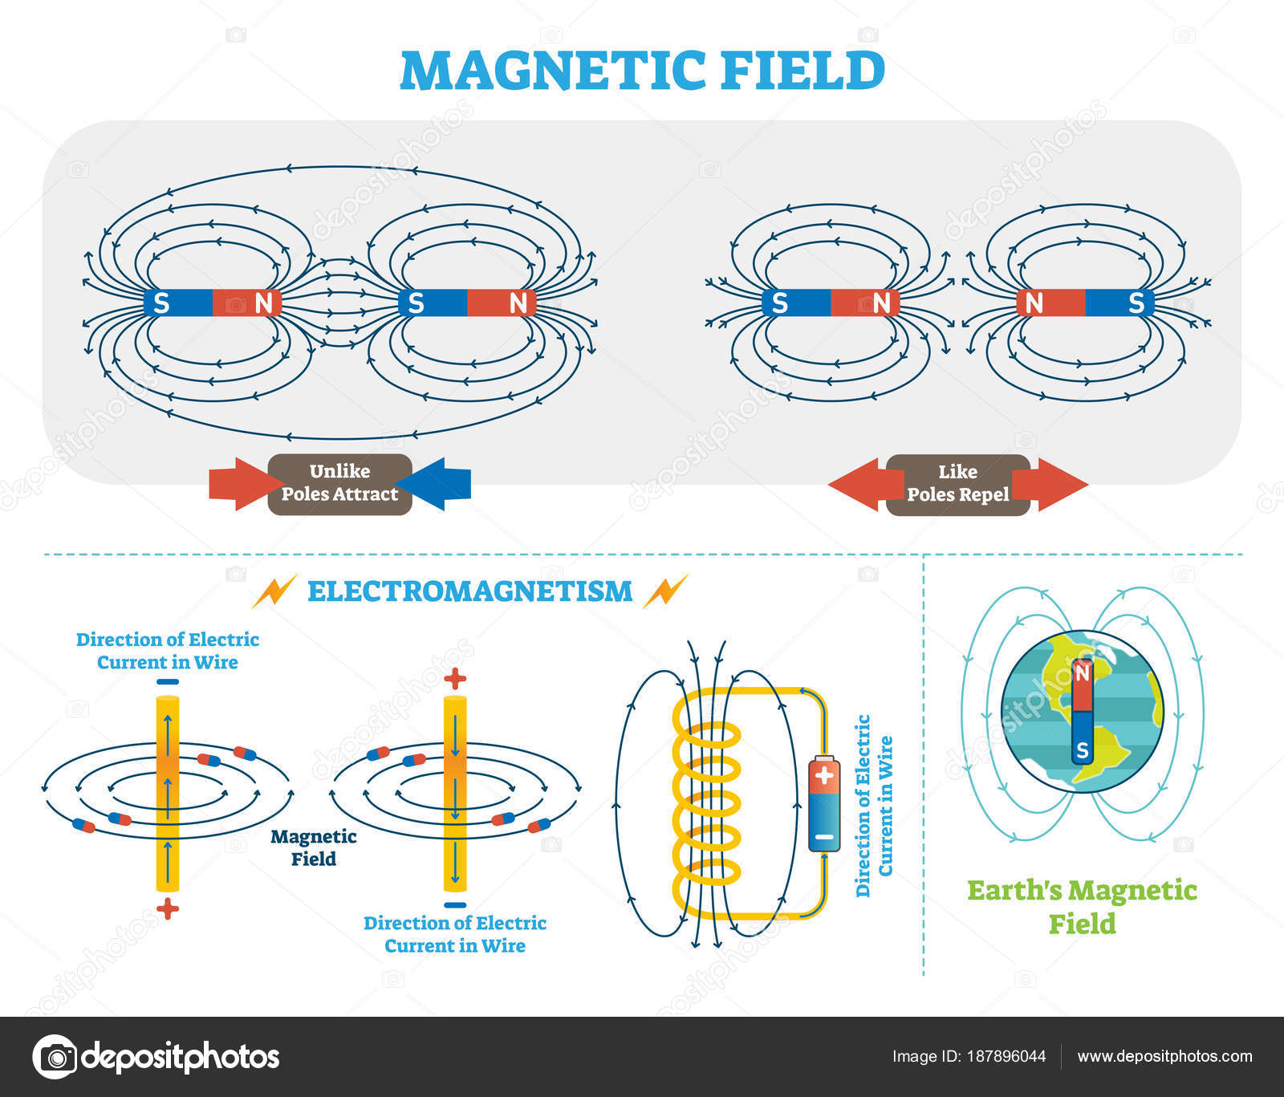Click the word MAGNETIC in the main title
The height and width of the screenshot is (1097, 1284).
tap(553, 70)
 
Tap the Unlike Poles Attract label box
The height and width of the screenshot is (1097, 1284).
tap(339, 483)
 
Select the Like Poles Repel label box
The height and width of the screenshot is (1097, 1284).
tap(958, 484)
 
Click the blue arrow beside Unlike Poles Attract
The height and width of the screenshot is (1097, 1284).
tap(433, 484)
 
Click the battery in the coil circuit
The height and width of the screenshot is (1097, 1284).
tap(824, 803)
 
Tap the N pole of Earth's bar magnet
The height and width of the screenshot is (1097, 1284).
tap(1083, 685)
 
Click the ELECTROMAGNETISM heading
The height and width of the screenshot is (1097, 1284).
tap(469, 591)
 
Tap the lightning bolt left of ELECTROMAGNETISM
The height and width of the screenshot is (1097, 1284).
tap(274, 591)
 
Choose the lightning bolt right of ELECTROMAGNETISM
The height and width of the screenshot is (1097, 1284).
tap(665, 591)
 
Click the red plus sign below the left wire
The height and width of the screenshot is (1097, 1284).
tap(167, 909)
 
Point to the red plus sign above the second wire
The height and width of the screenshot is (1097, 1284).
tap(455, 679)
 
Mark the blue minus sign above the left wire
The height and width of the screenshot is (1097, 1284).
tap(167, 682)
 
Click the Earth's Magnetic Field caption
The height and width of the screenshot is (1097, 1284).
tap(1082, 907)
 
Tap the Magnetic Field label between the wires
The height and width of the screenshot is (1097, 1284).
tap(314, 847)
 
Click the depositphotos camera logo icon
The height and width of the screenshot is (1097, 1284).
tap(55, 1057)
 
